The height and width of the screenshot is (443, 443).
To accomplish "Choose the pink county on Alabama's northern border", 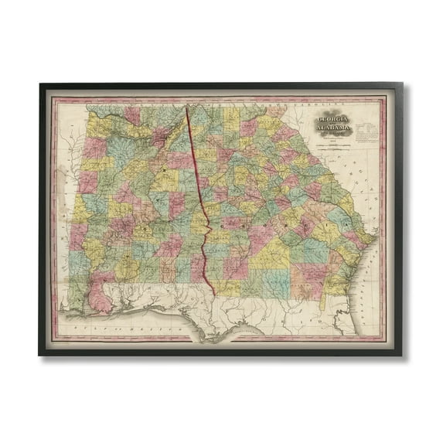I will pos(132,114).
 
